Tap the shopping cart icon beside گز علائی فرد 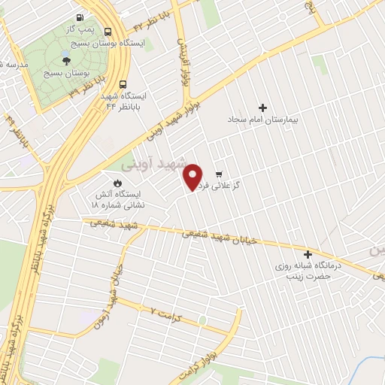point(219,174)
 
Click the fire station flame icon point(117,183)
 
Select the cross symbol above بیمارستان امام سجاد point(262,108)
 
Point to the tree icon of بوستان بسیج point(67,62)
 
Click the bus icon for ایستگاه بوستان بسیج point(109,32)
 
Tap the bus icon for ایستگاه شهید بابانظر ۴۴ point(123,85)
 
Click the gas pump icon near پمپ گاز point(80,18)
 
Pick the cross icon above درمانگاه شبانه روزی point(308,254)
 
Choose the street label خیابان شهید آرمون point(112,294)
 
